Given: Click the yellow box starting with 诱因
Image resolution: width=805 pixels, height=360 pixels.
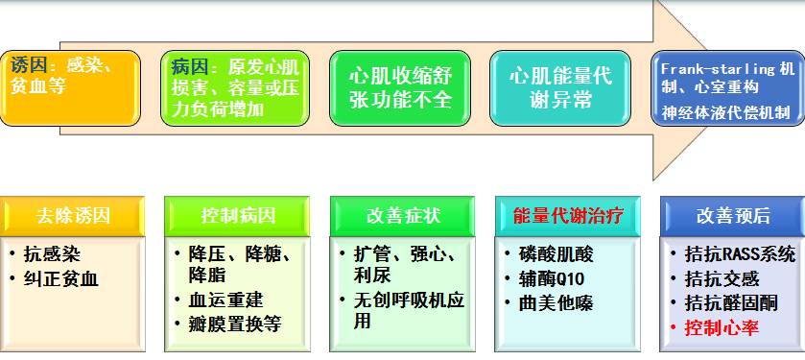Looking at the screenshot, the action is pos(70,87).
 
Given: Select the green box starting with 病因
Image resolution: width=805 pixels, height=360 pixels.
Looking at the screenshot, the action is pos(235,87).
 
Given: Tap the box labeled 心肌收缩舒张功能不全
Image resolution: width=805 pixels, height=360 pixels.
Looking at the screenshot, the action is pos(400,87).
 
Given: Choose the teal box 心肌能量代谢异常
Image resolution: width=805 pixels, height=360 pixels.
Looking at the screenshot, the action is pos(560,87).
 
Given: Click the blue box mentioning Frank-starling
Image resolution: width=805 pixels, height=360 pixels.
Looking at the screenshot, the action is pos(727,87).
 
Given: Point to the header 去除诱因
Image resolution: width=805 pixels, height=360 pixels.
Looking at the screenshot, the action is pos(72,216).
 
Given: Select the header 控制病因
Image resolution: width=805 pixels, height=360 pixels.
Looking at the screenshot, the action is pos(237,216).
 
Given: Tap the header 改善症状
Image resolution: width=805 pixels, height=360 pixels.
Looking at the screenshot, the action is pos(403,216).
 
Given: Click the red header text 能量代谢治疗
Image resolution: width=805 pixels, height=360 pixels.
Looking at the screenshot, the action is pos(568,216).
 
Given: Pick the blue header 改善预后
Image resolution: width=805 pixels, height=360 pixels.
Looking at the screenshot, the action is pos(733,216).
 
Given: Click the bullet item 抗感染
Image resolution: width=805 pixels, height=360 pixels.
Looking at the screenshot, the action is pos(52,254).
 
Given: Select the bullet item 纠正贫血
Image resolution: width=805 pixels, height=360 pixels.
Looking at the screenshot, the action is pos(60,278).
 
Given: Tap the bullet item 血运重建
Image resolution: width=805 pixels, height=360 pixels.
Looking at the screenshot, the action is pos(225,300).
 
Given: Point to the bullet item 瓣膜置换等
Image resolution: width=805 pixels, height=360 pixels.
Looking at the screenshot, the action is pos(235,324).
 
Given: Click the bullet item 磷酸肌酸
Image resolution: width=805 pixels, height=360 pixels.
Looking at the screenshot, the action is pos(556,254).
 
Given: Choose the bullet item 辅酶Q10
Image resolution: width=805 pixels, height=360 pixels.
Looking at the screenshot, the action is pos(552,278).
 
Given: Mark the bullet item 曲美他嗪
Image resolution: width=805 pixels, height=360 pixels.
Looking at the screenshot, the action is pos(556,303).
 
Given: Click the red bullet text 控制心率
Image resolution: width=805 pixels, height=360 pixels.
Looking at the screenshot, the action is pos(722,328).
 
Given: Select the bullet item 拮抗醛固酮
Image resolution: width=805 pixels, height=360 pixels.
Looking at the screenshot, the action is pos(730,303).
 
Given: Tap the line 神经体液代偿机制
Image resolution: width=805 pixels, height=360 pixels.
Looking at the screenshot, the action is pos(725,112).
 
